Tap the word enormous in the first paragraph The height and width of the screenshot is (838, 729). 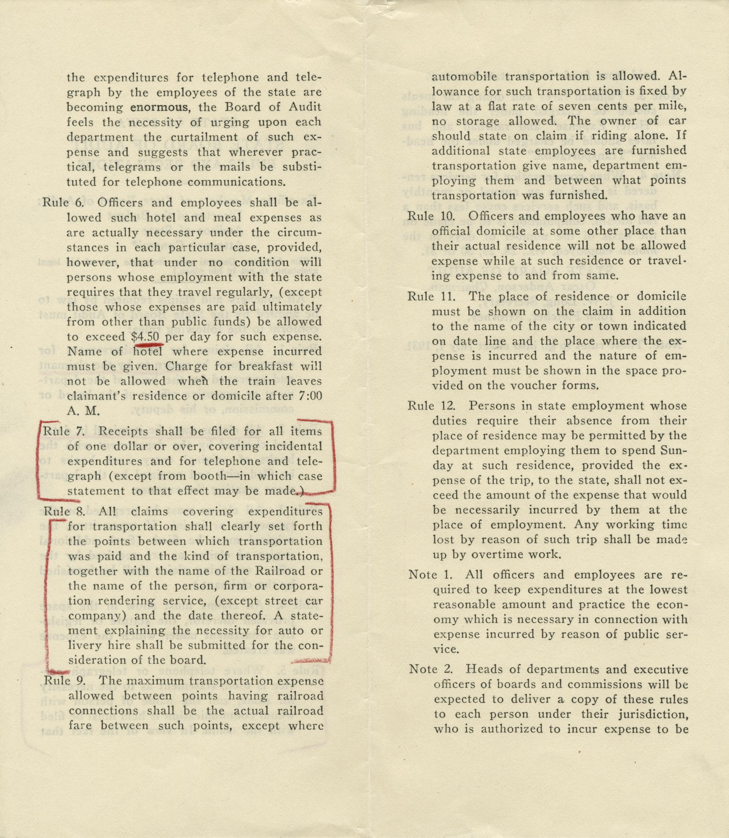coord(159,108)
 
